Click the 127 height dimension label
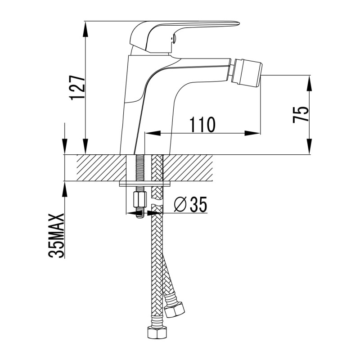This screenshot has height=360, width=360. pos(77,87)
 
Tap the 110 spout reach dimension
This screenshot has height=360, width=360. pos(202,125)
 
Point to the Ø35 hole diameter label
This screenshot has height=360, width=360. pos(190,204)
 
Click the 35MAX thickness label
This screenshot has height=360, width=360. pos(56,236)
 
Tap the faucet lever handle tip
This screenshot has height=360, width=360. pos(238,23)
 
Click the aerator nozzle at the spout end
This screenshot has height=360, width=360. pos(247,73)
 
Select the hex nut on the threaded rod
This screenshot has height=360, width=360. pos(139,200)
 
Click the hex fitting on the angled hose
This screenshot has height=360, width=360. pos(175,309)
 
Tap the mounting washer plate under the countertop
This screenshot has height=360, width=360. pos(145,184)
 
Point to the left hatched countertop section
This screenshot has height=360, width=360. pos(101,167)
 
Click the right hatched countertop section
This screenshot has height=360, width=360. pos(188,167)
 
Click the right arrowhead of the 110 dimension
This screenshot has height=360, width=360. pos(252,133)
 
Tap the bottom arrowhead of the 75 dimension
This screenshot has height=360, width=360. pos(310,147)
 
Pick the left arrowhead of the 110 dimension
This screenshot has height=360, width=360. pos(153,133)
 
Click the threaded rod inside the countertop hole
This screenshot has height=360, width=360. pos(139,168)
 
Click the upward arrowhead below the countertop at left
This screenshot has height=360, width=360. pos(65,189)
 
